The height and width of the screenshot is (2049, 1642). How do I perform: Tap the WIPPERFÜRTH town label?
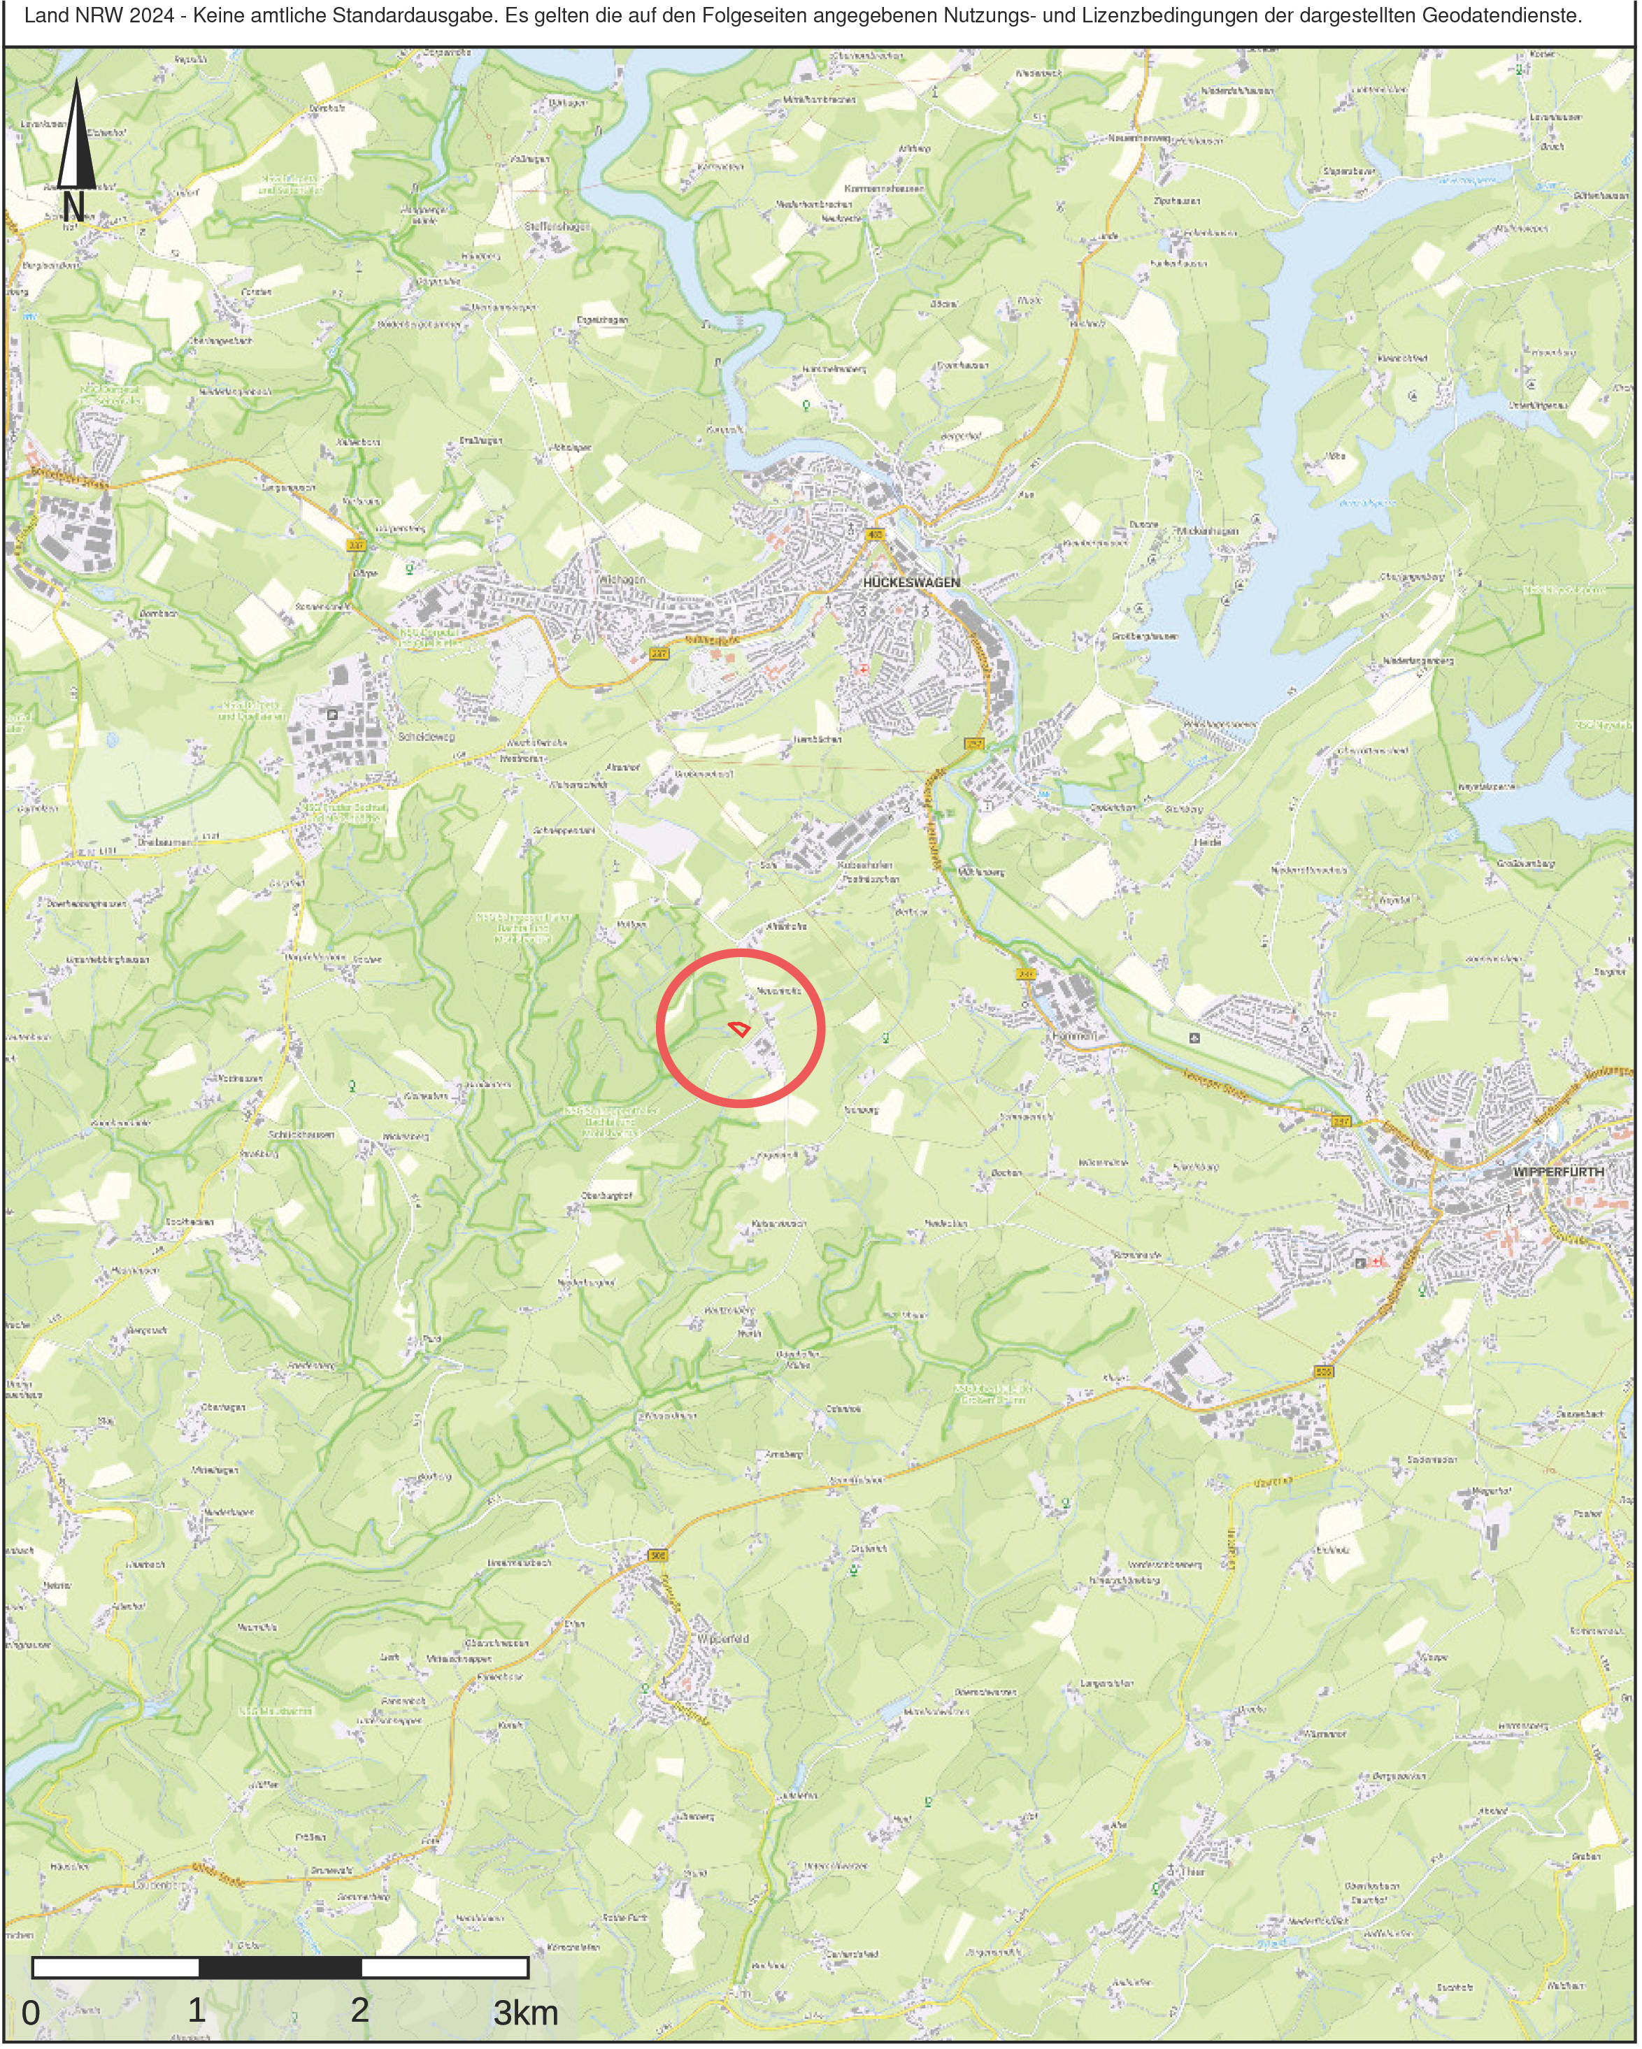[x=1557, y=1172]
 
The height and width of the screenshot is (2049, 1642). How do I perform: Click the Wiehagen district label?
[x=624, y=580]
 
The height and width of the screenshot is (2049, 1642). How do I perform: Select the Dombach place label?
[x=159, y=614]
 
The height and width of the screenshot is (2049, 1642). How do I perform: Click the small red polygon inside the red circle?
[x=738, y=1028]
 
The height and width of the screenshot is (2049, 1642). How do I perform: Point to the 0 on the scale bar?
[x=31, y=2013]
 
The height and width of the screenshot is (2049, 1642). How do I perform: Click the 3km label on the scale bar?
[x=524, y=2012]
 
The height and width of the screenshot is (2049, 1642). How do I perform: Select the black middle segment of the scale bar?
[x=280, y=1967]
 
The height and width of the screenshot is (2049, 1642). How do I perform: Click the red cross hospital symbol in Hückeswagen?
[x=864, y=669]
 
